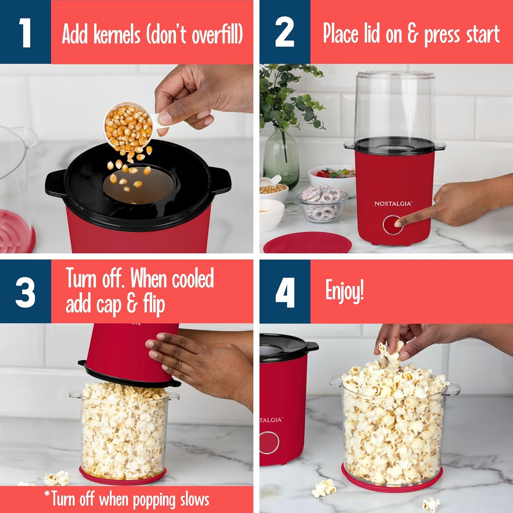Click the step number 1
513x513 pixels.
[25, 32]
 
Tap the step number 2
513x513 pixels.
[285, 32]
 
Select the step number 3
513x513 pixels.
[25, 292]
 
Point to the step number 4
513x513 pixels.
[285, 292]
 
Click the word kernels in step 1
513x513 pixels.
[117, 34]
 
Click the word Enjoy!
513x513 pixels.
[344, 291]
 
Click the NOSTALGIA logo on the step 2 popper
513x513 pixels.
[393, 203]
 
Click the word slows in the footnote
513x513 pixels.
[193, 499]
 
